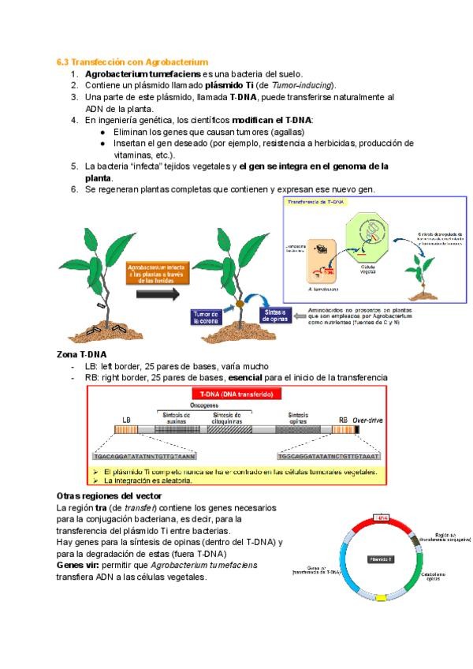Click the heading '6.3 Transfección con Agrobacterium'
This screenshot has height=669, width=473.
click(132, 61)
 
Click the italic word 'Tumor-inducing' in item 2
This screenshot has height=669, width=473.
click(302, 84)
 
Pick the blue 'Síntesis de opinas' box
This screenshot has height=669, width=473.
click(272, 317)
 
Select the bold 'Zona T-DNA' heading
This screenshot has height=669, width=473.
click(82, 354)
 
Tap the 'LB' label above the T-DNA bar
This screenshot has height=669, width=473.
click(127, 420)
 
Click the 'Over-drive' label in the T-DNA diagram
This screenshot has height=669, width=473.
click(367, 420)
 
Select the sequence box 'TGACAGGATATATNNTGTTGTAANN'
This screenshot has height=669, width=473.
click(144, 455)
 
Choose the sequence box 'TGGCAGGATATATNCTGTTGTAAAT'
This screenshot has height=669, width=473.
click(329, 455)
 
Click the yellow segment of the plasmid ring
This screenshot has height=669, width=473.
click(381, 598)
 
